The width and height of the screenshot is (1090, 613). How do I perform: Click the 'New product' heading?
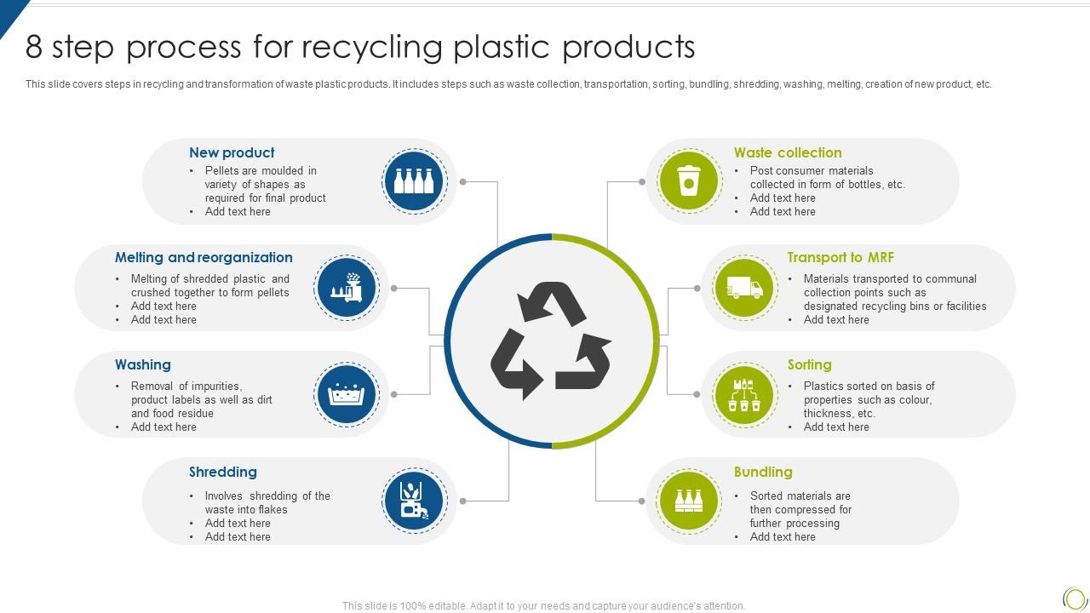(232, 153)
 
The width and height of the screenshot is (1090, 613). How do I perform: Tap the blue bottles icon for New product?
(414, 181)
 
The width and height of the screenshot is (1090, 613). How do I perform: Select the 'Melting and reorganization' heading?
(204, 258)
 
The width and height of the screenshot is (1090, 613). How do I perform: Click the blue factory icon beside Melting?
(346, 288)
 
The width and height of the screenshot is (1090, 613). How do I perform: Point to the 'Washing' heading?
(143, 365)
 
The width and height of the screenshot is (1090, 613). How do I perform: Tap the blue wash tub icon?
(346, 395)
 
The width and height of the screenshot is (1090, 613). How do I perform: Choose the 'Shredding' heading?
(223, 473)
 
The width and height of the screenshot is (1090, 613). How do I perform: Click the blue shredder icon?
(414, 501)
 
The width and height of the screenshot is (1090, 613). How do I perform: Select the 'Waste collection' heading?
(788, 153)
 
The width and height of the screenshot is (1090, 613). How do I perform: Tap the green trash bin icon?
(688, 181)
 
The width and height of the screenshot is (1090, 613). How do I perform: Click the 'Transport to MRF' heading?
(840, 258)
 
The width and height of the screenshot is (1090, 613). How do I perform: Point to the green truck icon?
(744, 288)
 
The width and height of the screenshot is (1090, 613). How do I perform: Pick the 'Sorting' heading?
(809, 365)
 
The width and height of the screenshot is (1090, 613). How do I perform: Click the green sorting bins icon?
(744, 395)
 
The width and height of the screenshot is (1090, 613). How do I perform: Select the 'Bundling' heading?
(763, 473)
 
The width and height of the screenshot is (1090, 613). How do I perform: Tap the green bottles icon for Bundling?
(688, 501)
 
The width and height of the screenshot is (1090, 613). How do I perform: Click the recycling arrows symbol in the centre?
(551, 341)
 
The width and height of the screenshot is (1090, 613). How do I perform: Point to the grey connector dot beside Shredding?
(463, 501)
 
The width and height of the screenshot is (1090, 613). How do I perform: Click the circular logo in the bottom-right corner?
(1075, 599)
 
